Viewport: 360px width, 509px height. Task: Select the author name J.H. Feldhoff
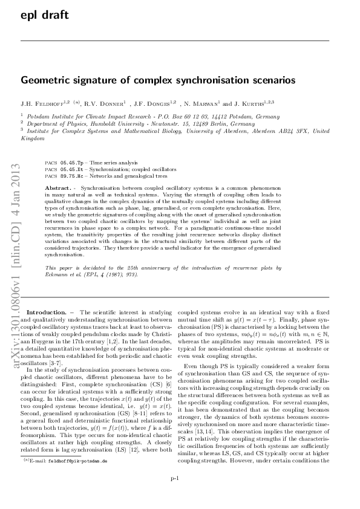tap(42, 103)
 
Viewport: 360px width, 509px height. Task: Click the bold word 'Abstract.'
tap(59, 189)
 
